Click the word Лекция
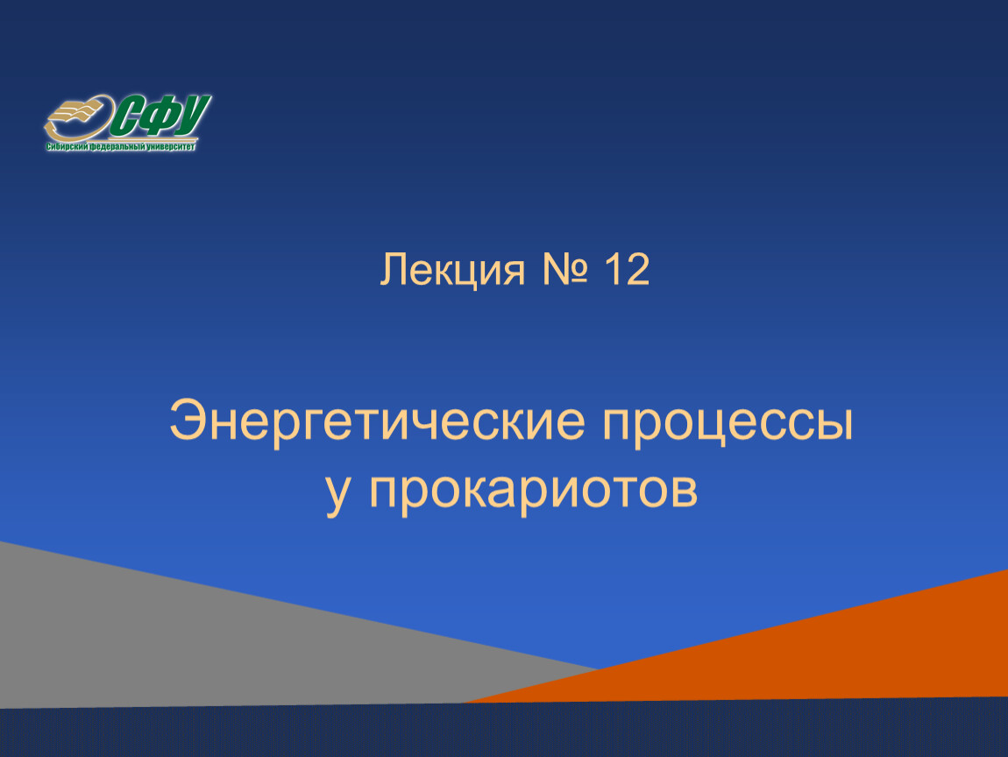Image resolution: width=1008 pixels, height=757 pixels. pos(452,270)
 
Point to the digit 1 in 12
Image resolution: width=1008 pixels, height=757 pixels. pos(611,269)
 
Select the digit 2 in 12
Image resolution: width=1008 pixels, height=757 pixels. pos(636,269)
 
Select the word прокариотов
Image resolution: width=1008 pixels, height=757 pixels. pos(534,495)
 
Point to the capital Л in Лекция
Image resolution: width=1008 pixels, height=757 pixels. pos(394,269)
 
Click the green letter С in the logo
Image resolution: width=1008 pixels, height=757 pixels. pos(126,117)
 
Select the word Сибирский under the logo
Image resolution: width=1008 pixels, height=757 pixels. pos(67,147)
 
